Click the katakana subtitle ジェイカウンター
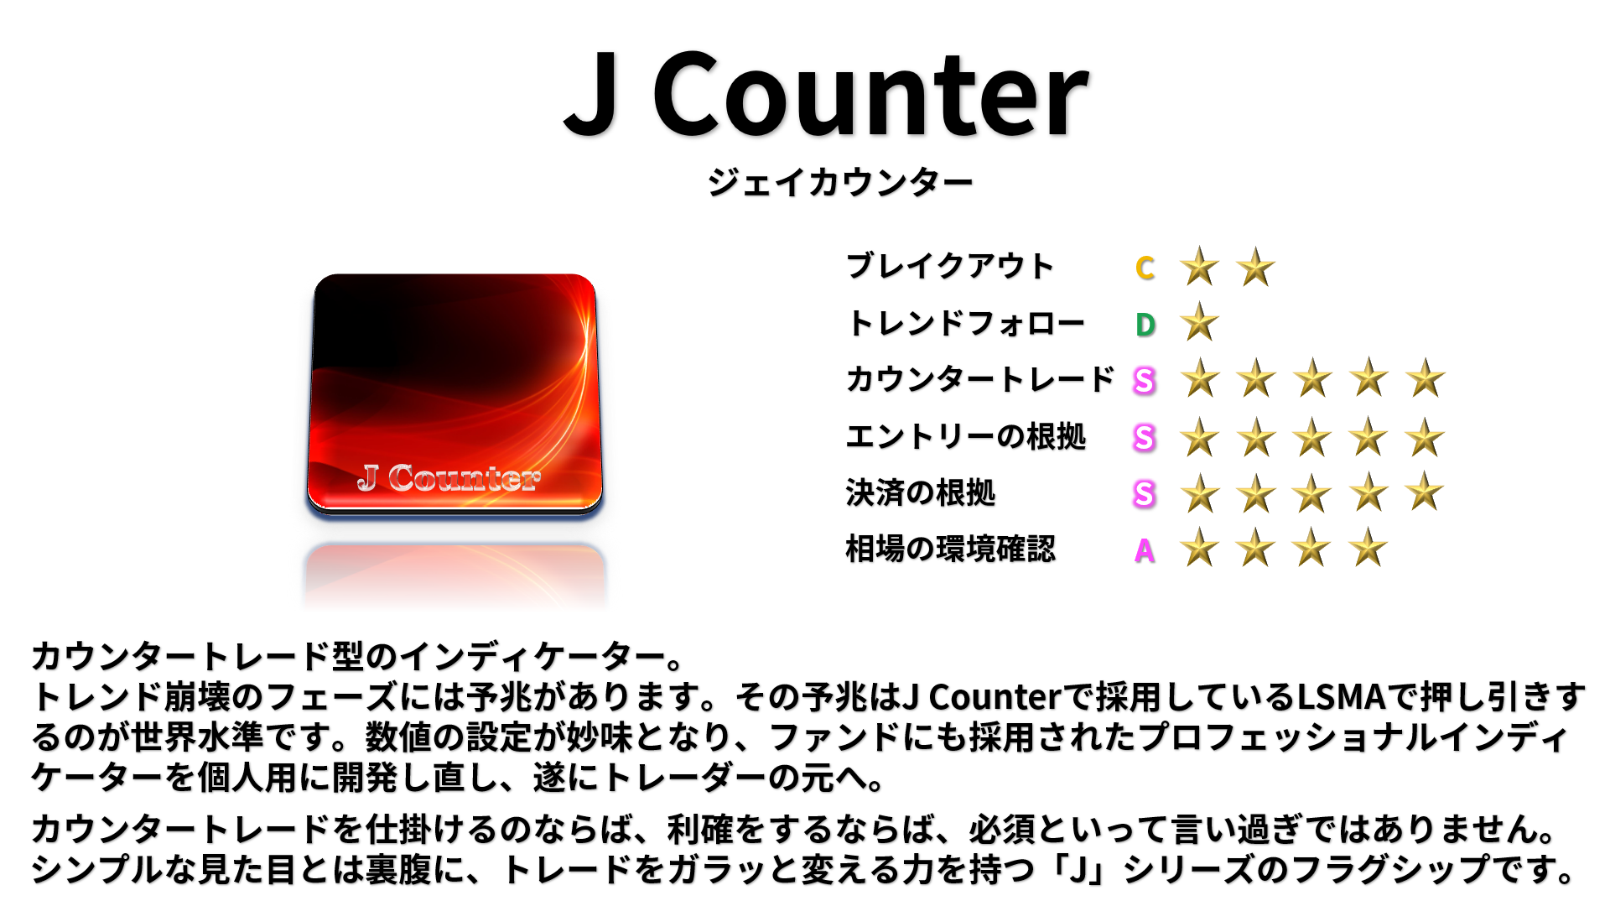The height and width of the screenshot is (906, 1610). pyautogui.click(x=839, y=182)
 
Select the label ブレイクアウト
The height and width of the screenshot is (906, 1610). pyautogui.click(x=949, y=266)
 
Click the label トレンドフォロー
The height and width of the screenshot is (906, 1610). pyautogui.click(x=966, y=323)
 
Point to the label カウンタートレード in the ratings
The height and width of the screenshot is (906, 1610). pyautogui.click(x=980, y=379)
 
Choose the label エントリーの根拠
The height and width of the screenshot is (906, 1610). pyautogui.click(x=966, y=436)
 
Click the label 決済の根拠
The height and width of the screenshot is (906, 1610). pyautogui.click(x=921, y=493)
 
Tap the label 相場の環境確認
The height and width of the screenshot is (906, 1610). pyautogui.click(x=950, y=549)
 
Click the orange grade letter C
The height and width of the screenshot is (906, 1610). pyautogui.click(x=1145, y=268)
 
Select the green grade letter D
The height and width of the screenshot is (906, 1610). pyautogui.click(x=1145, y=325)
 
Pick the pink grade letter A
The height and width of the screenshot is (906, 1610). pyautogui.click(x=1145, y=551)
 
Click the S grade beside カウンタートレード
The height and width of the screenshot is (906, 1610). pyautogui.click(x=1145, y=381)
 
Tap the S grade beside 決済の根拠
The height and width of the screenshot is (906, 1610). pyautogui.click(x=1145, y=494)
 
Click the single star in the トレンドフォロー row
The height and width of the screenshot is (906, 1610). pyautogui.click(x=1200, y=322)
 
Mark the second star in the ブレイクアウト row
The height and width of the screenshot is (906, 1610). pyautogui.click(x=1256, y=268)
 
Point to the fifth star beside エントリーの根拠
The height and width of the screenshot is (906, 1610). pyautogui.click(x=1426, y=437)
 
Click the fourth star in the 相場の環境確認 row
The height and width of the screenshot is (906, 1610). pyautogui.click(x=1368, y=548)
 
